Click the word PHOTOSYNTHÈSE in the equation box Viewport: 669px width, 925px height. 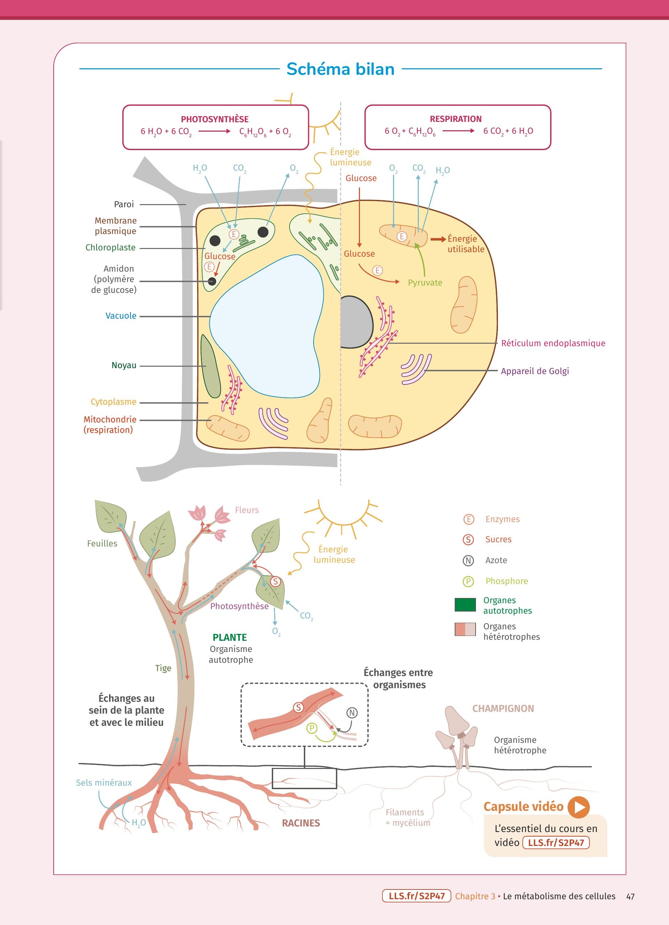pyautogui.click(x=215, y=119)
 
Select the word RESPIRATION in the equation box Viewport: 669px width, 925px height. pyautogui.click(x=456, y=119)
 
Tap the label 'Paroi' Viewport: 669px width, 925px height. pyautogui.click(x=124, y=204)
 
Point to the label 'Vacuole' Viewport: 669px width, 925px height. pyautogui.click(x=121, y=316)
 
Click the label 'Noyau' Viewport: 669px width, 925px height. pyautogui.click(x=124, y=365)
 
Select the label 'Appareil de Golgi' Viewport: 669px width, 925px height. pyautogui.click(x=535, y=371)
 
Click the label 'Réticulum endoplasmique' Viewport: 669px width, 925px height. pyautogui.click(x=553, y=343)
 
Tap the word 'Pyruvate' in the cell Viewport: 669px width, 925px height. pyautogui.click(x=425, y=283)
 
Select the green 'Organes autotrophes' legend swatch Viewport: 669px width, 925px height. pyautogui.click(x=465, y=605)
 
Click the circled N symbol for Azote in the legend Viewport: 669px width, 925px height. pyautogui.click(x=468, y=561)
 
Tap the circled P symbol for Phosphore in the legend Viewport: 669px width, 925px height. pyautogui.click(x=468, y=582)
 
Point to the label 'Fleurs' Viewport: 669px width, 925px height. pyautogui.click(x=246, y=510)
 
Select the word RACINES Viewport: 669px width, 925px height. pyautogui.click(x=301, y=823)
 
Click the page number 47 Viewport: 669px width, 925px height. pyautogui.click(x=630, y=896)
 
